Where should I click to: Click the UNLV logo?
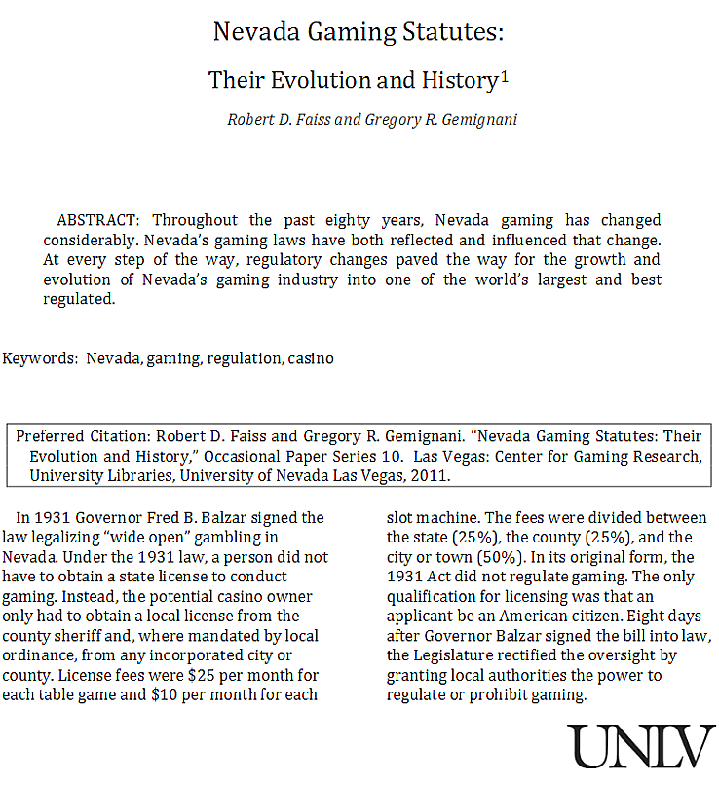641,747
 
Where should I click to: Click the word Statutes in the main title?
446,32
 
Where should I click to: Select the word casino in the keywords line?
311,357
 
